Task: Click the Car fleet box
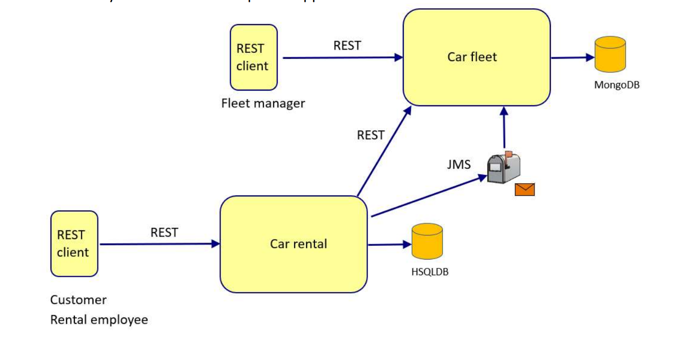[x=476, y=57]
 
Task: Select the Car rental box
[x=294, y=244]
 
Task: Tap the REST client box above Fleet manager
[x=254, y=57]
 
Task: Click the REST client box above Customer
[x=74, y=243]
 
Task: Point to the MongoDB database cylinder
[x=610, y=54]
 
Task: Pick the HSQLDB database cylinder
[x=427, y=241]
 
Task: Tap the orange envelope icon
[x=524, y=189]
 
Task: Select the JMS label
[x=459, y=165]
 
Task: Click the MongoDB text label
[x=616, y=85]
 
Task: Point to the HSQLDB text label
[x=430, y=272]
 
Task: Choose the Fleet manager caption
[x=263, y=103]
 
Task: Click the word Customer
[x=78, y=300]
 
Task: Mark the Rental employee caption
[x=99, y=320]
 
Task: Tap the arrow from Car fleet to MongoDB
[x=572, y=57]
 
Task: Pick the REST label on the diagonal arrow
[x=370, y=135]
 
